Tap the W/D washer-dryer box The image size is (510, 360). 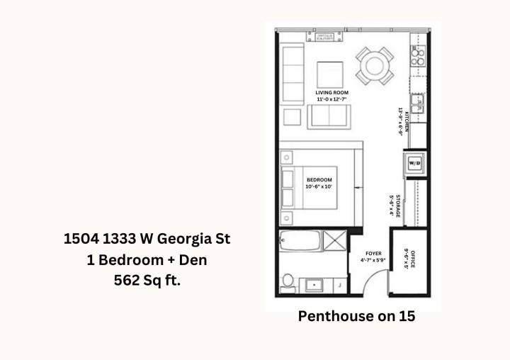tap(414, 164)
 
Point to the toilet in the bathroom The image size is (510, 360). tap(287, 281)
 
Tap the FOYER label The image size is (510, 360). tap(373, 253)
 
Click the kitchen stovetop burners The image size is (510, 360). tap(418, 57)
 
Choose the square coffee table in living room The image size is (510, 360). tap(329, 74)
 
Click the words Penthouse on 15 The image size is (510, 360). tap(356, 317)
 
